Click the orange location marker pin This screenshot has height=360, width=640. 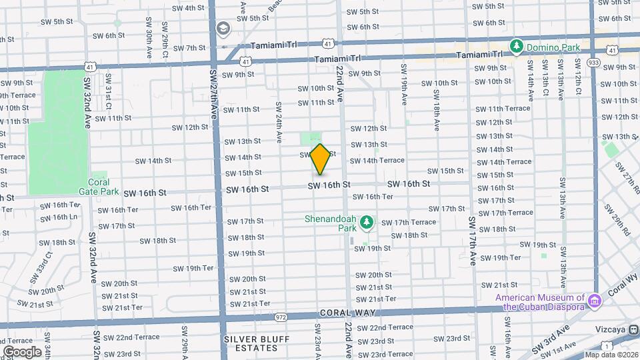pyautogui.click(x=321, y=159)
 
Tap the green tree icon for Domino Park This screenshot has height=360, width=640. pyautogui.click(x=516, y=46)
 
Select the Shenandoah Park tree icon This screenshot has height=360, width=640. pyautogui.click(x=366, y=222)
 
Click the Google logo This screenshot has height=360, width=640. pyautogui.click(x=22, y=351)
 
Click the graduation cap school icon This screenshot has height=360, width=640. pyautogui.click(x=222, y=29)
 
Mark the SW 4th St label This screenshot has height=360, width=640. pyautogui.click(x=188, y=8)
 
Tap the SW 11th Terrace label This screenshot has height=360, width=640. pyautogui.click(x=509, y=109)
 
